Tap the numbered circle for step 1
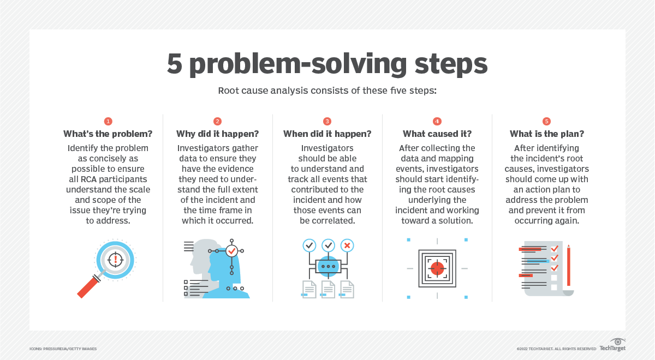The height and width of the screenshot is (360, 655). (108, 121)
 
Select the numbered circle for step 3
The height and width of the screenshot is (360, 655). (327, 121)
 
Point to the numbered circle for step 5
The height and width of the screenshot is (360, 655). (546, 121)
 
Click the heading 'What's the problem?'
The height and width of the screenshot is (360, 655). (108, 134)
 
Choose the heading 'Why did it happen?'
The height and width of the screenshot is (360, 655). (217, 134)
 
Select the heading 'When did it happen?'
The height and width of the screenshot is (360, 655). (327, 134)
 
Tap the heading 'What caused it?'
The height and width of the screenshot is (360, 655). (437, 134)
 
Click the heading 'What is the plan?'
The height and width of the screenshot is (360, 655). (546, 134)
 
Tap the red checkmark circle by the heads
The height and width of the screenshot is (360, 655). (232, 250)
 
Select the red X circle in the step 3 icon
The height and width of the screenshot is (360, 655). (347, 245)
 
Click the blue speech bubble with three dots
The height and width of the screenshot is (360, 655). (328, 266)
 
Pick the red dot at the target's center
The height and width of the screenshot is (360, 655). (437, 268)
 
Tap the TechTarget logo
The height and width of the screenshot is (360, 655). (612, 345)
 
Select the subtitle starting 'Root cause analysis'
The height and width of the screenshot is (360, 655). (327, 91)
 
